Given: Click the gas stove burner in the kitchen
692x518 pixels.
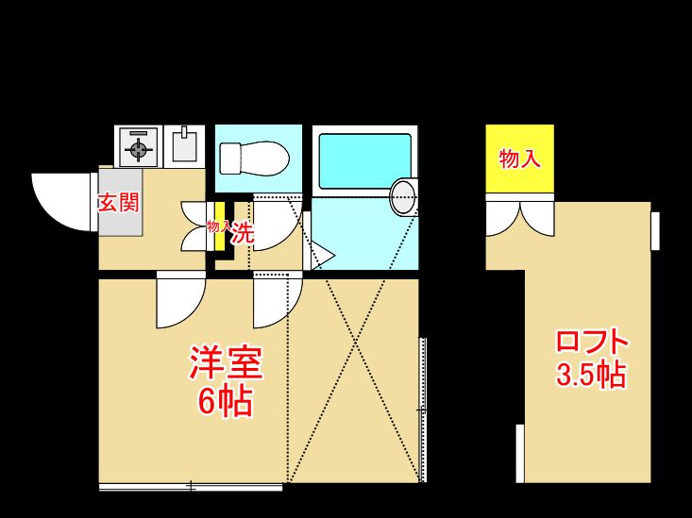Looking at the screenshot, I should click(x=139, y=148).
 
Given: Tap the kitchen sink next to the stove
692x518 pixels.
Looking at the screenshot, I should click(x=184, y=145).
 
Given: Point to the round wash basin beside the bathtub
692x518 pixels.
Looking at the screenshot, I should click(x=403, y=195).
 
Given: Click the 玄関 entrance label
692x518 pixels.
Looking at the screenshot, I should click(x=119, y=202).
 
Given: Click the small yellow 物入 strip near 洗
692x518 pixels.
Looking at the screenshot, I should click(x=219, y=227).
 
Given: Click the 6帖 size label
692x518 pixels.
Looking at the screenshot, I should click(x=225, y=403).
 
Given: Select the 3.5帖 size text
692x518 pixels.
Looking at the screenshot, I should click(x=591, y=375).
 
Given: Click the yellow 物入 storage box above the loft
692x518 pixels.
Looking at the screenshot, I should click(x=519, y=159).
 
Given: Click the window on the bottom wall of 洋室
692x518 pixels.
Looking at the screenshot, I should click(x=191, y=487).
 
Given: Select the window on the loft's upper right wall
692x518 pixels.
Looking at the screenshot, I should click(x=654, y=231).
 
